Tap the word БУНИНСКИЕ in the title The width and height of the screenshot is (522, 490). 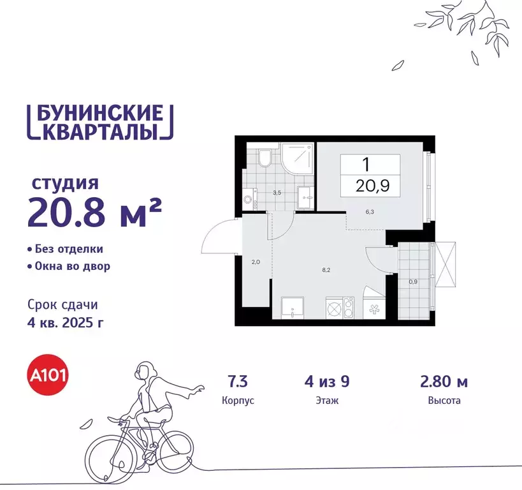[100, 113]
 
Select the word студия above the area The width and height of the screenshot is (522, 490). [66, 184]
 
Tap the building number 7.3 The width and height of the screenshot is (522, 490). [238, 383]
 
